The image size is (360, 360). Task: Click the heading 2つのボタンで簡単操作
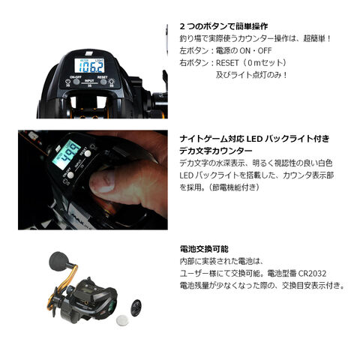click(223, 26)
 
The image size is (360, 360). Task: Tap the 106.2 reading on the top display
click(90, 66)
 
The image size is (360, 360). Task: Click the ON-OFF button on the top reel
click(76, 81)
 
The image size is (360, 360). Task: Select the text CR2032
click(313, 273)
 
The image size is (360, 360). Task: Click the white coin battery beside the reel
click(122, 319)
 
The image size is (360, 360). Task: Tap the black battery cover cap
click(136, 307)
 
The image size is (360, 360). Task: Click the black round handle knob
click(58, 261)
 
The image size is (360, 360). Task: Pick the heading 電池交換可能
click(204, 249)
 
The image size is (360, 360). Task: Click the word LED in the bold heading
click(254, 139)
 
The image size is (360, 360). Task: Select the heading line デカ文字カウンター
click(216, 151)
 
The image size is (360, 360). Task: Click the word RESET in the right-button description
click(227, 63)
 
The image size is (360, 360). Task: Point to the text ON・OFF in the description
click(256, 51)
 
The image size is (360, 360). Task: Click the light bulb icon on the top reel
click(112, 81)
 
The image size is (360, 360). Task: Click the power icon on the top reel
click(67, 82)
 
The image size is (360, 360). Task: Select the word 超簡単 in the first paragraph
click(314, 38)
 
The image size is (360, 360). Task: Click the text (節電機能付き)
click(234, 187)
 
